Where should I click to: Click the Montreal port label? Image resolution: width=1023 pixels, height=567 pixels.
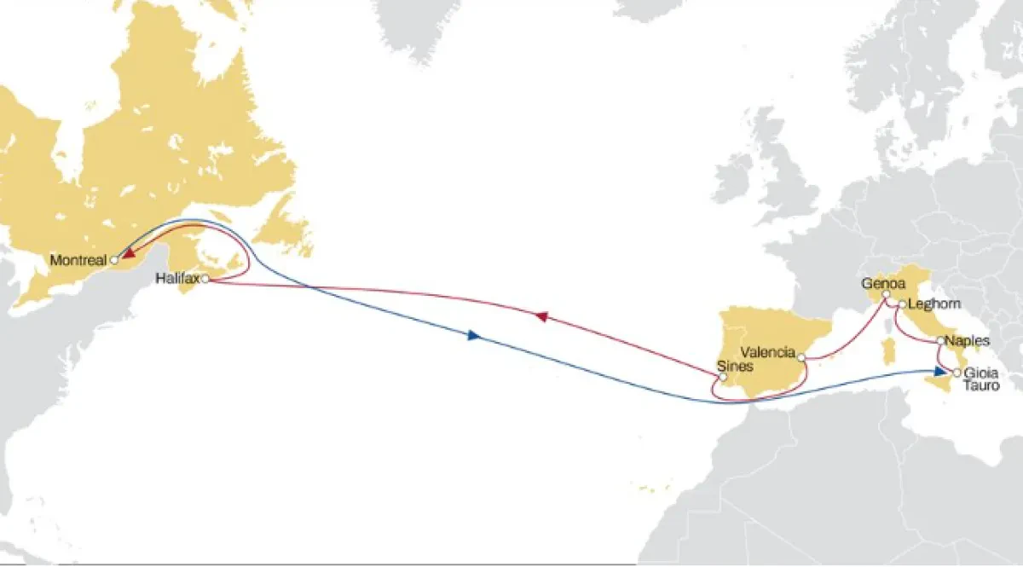(x=78, y=259)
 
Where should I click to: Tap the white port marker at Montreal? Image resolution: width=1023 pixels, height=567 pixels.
(x=113, y=259)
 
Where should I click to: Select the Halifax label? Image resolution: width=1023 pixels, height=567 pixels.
(x=177, y=278)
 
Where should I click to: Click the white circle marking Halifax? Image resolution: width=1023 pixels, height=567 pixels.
(x=205, y=278)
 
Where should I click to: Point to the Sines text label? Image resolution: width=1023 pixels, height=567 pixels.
(x=736, y=367)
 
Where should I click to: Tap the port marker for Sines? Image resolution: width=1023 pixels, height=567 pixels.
(x=723, y=376)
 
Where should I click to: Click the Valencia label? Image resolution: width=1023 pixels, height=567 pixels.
(x=768, y=351)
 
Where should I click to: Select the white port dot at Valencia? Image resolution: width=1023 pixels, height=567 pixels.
(x=801, y=357)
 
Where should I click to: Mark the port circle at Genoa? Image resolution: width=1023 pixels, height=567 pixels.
(x=887, y=295)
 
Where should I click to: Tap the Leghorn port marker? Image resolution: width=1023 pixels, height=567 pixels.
(x=901, y=304)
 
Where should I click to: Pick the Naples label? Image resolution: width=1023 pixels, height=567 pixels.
(x=968, y=340)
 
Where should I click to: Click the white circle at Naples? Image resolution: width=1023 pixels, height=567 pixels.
(x=940, y=341)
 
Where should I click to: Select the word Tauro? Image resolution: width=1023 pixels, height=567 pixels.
(x=979, y=385)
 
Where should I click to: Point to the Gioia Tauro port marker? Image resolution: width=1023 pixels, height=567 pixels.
(x=957, y=373)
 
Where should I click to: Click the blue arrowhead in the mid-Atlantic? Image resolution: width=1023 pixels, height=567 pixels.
(x=475, y=336)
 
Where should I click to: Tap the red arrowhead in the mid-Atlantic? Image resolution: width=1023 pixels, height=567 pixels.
(x=540, y=316)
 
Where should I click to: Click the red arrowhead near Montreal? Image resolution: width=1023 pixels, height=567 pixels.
(x=127, y=253)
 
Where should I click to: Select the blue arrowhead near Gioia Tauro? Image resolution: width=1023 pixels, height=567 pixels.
(x=939, y=371)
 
